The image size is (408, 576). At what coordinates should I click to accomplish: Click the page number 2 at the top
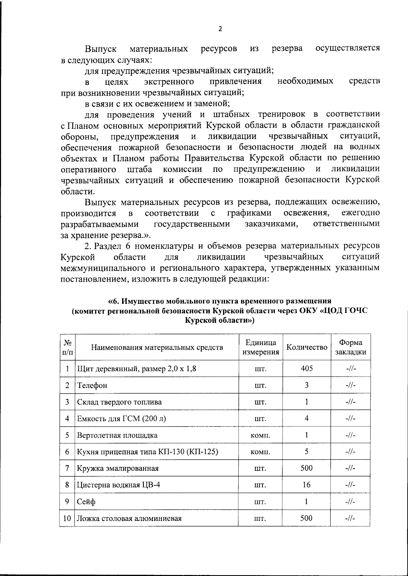(x=220, y=29)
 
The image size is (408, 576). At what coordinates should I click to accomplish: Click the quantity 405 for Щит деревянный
(x=307, y=368)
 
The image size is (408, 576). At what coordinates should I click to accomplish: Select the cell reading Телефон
(x=92, y=385)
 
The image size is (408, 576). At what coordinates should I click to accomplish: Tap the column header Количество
(x=307, y=347)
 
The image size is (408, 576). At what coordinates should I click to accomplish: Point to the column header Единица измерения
(x=260, y=347)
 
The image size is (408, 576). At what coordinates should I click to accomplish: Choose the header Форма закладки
(x=351, y=347)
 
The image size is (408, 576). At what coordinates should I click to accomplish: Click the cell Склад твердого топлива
(x=119, y=402)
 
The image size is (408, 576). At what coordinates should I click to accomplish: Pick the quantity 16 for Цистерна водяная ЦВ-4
(x=307, y=485)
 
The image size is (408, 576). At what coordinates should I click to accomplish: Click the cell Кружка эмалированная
(x=118, y=468)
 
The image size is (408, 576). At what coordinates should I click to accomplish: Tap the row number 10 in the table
(x=67, y=518)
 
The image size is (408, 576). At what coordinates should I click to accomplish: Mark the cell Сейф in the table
(x=86, y=502)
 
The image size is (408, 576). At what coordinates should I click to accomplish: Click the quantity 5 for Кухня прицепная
(x=307, y=452)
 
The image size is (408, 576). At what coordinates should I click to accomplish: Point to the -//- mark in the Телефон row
(x=351, y=385)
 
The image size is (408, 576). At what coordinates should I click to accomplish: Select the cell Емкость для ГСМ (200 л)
(x=121, y=419)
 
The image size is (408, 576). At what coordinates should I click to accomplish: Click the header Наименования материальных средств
(x=157, y=347)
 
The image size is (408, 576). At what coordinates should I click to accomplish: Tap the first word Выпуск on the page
(x=101, y=49)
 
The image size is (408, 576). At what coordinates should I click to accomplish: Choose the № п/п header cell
(x=67, y=347)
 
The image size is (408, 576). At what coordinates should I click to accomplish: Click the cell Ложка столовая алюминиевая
(x=129, y=518)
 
